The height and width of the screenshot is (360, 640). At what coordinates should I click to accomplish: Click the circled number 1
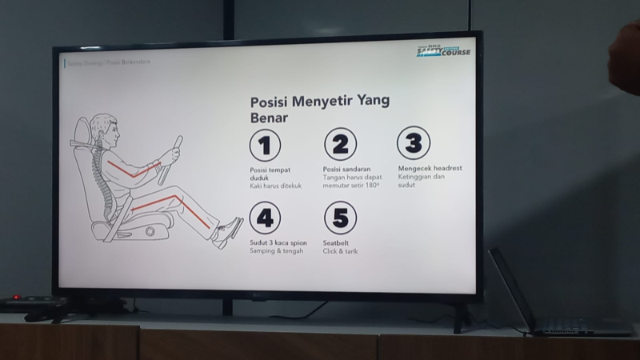(x=265, y=146)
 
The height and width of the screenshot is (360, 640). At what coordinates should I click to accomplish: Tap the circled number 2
(x=340, y=145)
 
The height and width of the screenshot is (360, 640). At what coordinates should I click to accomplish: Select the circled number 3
(x=414, y=144)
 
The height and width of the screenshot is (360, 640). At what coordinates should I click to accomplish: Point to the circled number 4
(x=265, y=218)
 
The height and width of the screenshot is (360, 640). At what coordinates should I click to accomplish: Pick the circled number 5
(x=340, y=218)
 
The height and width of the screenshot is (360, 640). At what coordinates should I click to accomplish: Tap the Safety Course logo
(x=443, y=51)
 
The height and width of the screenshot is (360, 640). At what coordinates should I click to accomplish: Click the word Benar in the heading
(x=269, y=118)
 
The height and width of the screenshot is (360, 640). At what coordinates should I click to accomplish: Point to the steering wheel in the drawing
(x=170, y=159)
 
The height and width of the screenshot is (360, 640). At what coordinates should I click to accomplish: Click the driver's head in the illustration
(x=103, y=129)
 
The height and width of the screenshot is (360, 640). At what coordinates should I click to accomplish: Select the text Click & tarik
(x=340, y=251)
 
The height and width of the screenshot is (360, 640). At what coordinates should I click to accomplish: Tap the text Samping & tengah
(x=276, y=251)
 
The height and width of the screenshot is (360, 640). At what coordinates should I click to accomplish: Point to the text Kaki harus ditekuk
(x=276, y=186)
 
